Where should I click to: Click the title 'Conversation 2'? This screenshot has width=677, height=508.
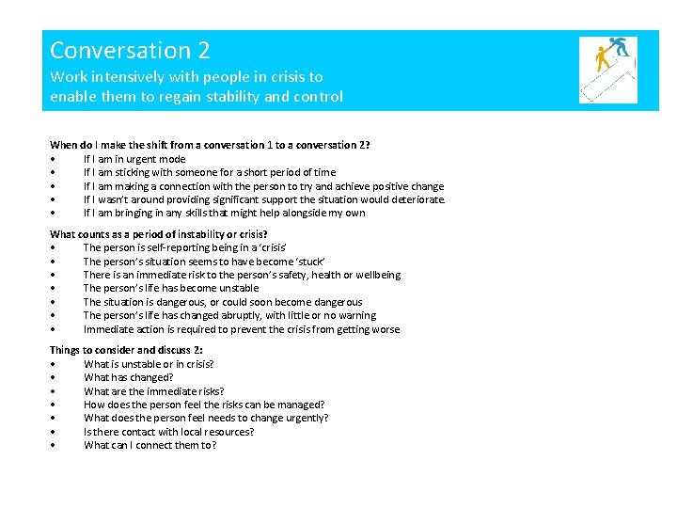[130, 50]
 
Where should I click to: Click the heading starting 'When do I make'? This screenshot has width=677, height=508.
[209, 145]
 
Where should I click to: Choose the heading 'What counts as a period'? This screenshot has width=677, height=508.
[158, 234]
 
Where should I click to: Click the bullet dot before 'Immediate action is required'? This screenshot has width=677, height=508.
[55, 330]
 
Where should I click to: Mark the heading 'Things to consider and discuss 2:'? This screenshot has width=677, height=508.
[125, 350]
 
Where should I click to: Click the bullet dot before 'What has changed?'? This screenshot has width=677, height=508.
[55, 378]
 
